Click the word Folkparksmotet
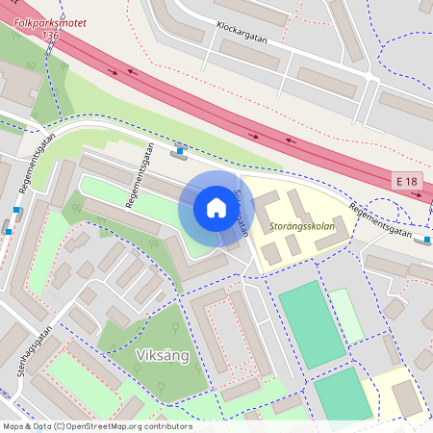pos(49,18)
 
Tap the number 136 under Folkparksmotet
pos(51,35)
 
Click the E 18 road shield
pos(406,181)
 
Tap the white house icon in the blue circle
pos(216,208)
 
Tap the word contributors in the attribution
pos(166,426)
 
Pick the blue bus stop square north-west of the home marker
pos(180,150)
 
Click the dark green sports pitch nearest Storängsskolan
pos(310,322)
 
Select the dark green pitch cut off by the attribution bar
pos(342,395)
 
